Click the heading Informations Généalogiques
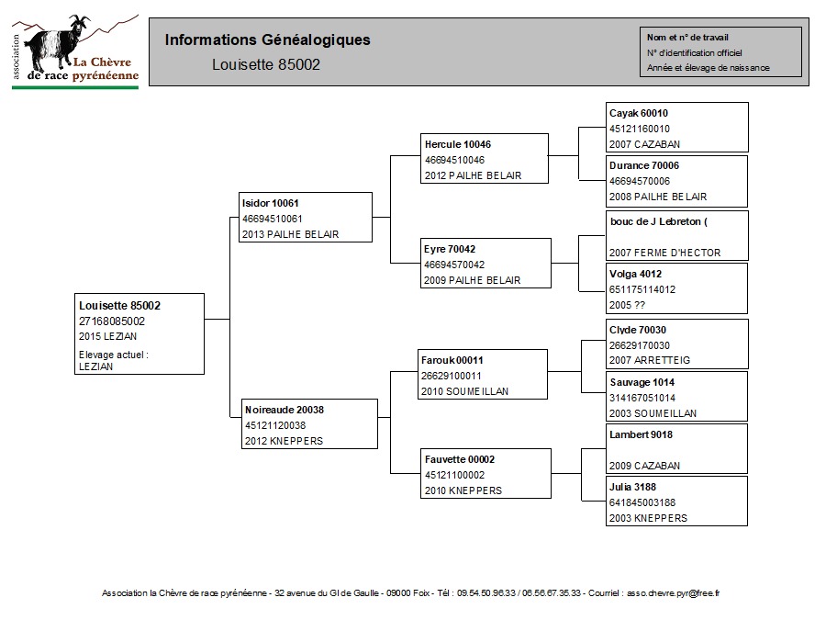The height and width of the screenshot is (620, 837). [267, 40]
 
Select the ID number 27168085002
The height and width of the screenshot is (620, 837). [112, 321]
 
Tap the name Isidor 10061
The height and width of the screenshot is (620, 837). [270, 203]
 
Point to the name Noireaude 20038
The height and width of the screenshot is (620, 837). [284, 410]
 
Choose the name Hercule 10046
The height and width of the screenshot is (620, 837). [457, 144]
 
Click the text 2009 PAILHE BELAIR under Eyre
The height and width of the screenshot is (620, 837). [472, 280]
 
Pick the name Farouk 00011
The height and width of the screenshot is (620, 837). [452, 360]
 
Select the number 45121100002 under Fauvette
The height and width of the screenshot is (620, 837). [454, 475]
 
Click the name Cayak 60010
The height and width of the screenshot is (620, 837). [639, 113]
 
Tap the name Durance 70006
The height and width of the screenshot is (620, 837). [643, 165]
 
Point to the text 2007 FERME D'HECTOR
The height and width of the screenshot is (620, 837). [664, 253]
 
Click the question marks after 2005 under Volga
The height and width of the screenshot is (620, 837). [640, 305]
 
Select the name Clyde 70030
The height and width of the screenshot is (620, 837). [637, 330]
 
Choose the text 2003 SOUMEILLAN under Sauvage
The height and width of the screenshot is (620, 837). [653, 413]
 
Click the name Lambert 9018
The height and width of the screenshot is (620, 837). [641, 434]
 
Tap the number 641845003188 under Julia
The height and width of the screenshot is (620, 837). [642, 502]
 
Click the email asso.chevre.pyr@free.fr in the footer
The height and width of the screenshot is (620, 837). [673, 592]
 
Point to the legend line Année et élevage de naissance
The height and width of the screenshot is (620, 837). [708, 68]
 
